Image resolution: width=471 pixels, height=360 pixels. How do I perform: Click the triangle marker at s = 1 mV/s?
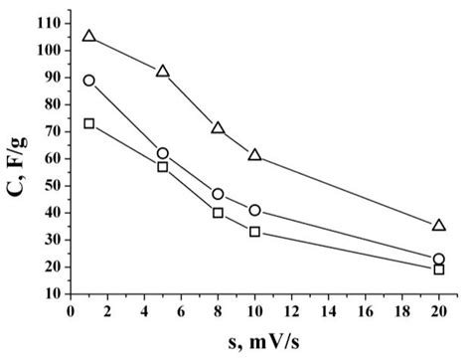point(89,36)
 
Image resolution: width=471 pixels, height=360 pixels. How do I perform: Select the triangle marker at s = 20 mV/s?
point(439,226)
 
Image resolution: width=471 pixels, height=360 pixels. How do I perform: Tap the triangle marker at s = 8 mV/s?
point(218,128)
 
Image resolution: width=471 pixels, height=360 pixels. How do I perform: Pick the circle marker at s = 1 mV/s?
point(89,81)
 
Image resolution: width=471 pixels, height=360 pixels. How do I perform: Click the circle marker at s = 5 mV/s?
point(163,153)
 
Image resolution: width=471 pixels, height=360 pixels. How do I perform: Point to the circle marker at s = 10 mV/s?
point(255,211)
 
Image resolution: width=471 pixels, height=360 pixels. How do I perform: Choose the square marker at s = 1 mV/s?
point(89,123)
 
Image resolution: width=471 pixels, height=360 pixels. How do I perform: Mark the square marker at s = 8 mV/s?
point(218,213)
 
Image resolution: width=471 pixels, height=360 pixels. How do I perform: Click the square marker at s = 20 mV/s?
point(439,270)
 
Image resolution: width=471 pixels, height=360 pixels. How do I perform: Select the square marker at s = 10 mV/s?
point(255,232)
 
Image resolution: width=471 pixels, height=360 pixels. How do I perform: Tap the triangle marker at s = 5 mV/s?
point(163,72)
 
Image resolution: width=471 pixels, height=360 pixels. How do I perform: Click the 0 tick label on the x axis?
point(71,311)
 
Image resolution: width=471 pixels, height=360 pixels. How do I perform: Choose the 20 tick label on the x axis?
point(439,311)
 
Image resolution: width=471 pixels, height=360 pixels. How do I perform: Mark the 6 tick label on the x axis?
point(181,311)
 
